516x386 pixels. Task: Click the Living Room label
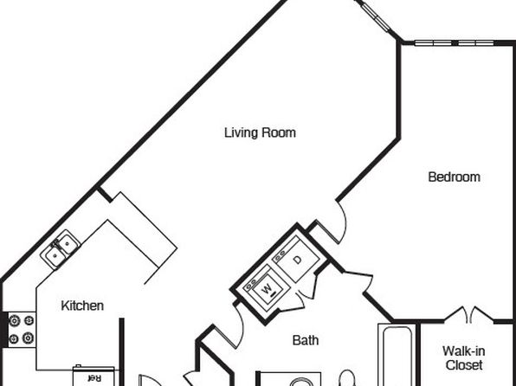click(x=260, y=132)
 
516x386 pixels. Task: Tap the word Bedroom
click(x=455, y=177)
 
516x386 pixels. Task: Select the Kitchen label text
click(x=82, y=306)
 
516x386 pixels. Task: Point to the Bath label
click(x=306, y=340)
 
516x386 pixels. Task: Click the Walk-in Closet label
click(x=464, y=358)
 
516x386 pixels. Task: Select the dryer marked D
click(x=295, y=259)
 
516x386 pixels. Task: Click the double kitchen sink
click(x=61, y=249)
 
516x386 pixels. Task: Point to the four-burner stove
click(x=22, y=330)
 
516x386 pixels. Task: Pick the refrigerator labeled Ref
click(x=94, y=376)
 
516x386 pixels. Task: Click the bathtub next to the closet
click(x=397, y=355)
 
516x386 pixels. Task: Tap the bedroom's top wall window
click(x=454, y=42)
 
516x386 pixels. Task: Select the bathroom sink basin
click(x=302, y=383)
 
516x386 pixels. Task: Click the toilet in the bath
click(x=347, y=377)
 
